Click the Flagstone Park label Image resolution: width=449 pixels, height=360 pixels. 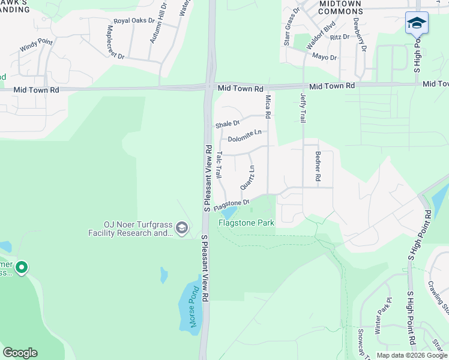pyautogui.click(x=246, y=223)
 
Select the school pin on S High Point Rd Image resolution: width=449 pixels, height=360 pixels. pyautogui.click(x=417, y=24)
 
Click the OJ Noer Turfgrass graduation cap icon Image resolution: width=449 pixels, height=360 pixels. pyautogui.click(x=182, y=227)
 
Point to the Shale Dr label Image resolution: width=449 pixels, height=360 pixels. pyautogui.click(x=228, y=125)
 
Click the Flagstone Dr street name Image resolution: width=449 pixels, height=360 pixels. pyautogui.click(x=231, y=203)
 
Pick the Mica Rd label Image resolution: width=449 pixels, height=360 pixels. pyautogui.click(x=268, y=106)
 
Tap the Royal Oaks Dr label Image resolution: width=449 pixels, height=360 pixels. pyautogui.click(x=133, y=21)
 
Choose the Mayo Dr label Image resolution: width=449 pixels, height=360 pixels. pyautogui.click(x=324, y=57)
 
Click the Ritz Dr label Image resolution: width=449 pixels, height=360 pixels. pyautogui.click(x=339, y=37)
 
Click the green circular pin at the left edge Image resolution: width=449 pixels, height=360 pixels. pyautogui.click(x=22, y=267)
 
